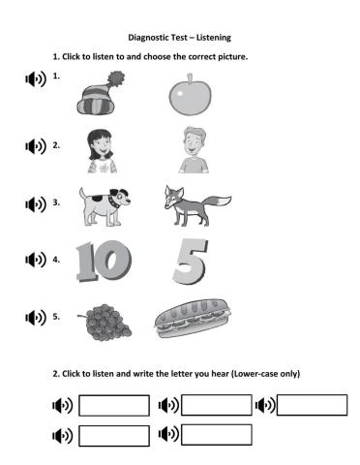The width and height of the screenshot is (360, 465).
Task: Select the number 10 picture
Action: click(x=101, y=260)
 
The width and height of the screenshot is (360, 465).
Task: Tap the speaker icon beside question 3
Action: click(x=36, y=204)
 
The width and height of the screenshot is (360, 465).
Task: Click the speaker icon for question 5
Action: click(x=36, y=318)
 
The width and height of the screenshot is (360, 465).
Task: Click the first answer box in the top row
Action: click(x=113, y=405)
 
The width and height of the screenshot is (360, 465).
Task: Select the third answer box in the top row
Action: click(x=312, y=405)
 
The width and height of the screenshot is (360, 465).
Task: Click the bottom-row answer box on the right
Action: click(x=216, y=435)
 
